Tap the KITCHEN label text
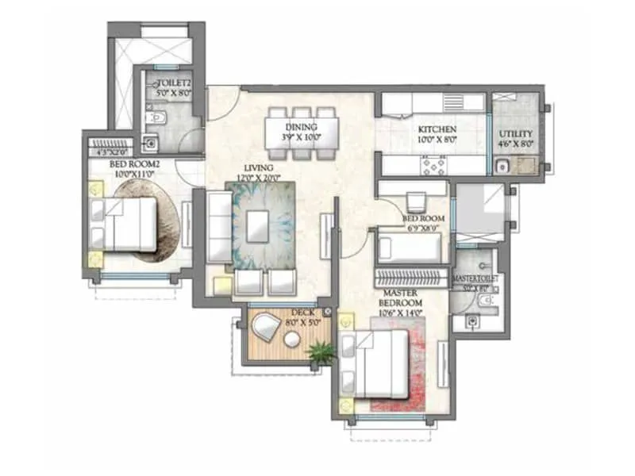[x=437, y=129]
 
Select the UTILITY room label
[x=515, y=135]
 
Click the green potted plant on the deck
[x=321, y=352]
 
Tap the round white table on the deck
[x=292, y=340]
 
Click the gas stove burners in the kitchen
[x=436, y=165]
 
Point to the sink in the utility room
[x=502, y=167]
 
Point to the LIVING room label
[x=258, y=168]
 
